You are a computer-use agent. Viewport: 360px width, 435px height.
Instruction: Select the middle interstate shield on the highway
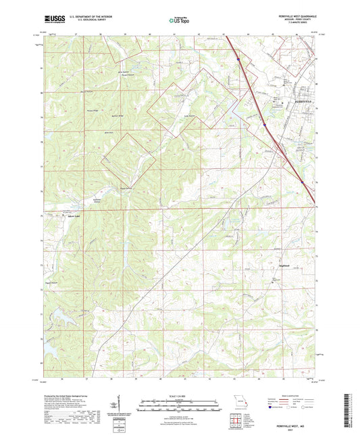point(265,124)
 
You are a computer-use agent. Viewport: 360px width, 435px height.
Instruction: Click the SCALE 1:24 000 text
point(179,396)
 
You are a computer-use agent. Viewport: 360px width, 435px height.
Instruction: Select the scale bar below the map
point(179,403)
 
